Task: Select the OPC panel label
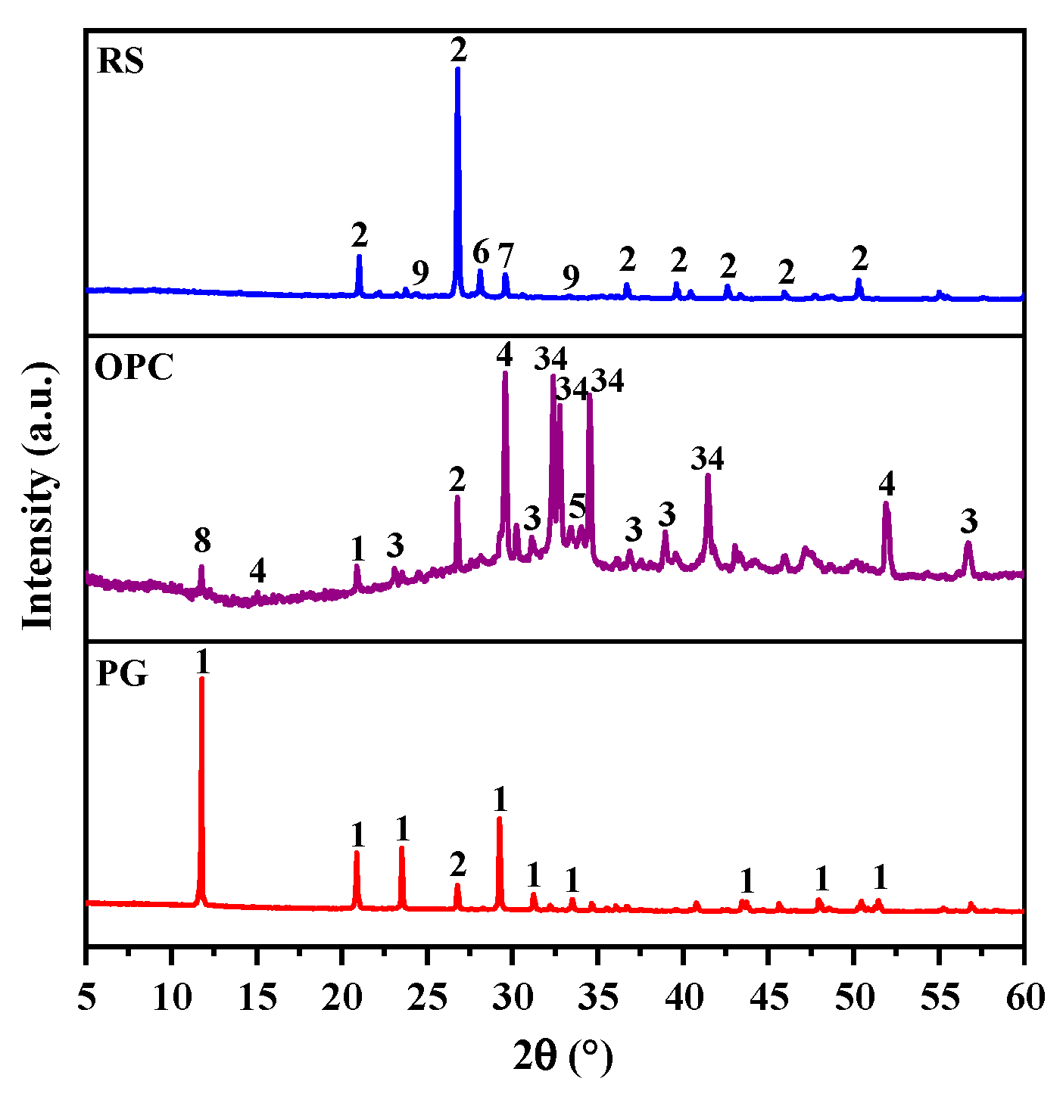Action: [134, 368]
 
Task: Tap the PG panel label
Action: [122, 674]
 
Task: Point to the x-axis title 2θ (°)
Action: [563, 1056]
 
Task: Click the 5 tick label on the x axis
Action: [87, 997]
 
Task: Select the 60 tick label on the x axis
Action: [1024, 997]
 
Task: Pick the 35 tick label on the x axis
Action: [598, 997]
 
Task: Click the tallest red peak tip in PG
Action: [201, 679]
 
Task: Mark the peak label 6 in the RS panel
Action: [481, 252]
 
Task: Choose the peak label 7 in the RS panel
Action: [506, 255]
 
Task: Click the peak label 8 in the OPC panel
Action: [201, 541]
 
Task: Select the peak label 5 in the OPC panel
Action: [577, 505]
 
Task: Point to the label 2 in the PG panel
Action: [457, 863]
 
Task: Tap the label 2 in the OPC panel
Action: [457, 480]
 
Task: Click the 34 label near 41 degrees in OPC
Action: [708, 458]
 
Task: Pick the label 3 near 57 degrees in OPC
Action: [968, 521]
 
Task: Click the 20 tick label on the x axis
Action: [342, 997]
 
